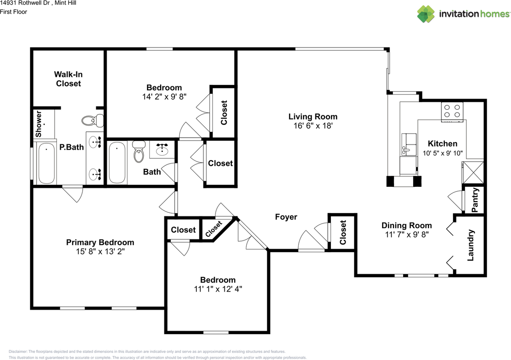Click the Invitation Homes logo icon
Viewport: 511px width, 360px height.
[x=426, y=14]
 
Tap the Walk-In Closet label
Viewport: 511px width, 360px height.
[x=68, y=79]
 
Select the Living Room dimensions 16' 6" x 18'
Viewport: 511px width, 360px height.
[x=313, y=126]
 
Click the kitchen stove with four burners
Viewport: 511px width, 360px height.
[x=452, y=111]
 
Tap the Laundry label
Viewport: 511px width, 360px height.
[x=470, y=245]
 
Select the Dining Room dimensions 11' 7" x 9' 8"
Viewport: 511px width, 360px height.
[x=406, y=235]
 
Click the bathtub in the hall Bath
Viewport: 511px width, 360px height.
[x=117, y=162]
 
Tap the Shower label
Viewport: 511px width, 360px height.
[x=39, y=124]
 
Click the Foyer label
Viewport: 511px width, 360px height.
[x=286, y=217]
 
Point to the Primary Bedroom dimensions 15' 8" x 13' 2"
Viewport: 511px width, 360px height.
[x=100, y=251]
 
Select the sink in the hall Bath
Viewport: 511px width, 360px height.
[x=162, y=149]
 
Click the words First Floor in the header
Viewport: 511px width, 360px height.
[x=14, y=12]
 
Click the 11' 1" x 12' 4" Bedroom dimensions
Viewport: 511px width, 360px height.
[x=218, y=289]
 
